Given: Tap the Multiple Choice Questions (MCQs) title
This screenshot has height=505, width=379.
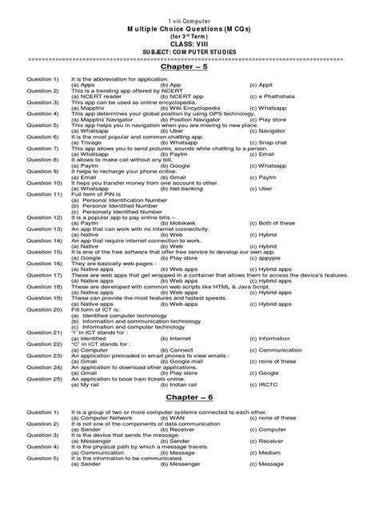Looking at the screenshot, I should click(x=189, y=26).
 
